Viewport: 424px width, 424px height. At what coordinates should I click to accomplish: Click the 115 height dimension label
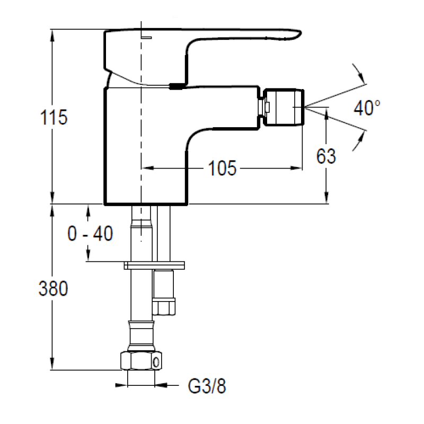[x=54, y=117]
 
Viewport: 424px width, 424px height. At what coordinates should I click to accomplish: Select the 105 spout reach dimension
[x=222, y=168]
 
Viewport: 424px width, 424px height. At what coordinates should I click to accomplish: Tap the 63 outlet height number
[x=326, y=156]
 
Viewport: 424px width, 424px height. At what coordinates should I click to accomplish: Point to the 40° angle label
[x=367, y=108]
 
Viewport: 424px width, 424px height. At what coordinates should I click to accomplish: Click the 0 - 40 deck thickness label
[x=90, y=233]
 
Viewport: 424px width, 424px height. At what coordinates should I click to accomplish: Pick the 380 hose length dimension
[x=54, y=288]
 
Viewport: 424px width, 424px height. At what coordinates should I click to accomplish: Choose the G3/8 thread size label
[x=207, y=386]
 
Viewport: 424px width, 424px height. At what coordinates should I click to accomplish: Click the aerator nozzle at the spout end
[x=284, y=107]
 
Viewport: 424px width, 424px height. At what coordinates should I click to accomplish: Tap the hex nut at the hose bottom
[x=141, y=361]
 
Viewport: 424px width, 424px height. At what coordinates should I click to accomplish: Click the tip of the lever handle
[x=299, y=34]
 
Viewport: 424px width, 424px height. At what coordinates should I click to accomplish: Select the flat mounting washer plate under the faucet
[x=154, y=266]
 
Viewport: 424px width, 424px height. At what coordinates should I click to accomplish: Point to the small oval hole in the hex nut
[x=156, y=362]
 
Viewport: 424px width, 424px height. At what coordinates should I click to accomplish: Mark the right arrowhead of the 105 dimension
[x=296, y=168]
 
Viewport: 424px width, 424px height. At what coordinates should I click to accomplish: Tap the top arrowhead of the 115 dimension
[x=52, y=35]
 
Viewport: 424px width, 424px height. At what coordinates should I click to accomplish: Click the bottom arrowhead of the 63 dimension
[x=326, y=197]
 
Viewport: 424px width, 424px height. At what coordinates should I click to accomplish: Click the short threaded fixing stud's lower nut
[x=164, y=307]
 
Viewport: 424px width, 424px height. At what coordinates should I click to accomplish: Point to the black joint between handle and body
[x=176, y=86]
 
